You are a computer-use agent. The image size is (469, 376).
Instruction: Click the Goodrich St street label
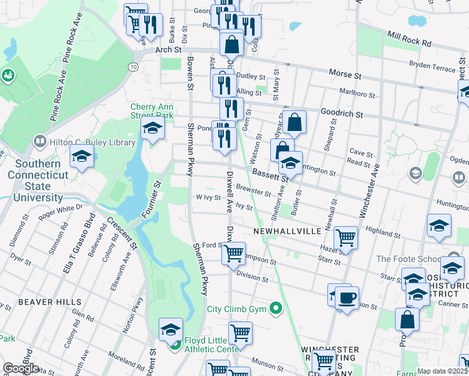coord(341,115)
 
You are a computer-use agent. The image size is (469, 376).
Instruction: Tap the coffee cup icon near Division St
coord(347,298)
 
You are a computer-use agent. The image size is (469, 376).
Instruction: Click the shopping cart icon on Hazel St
coord(345,238)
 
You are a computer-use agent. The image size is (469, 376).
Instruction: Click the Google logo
coord(21,368)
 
